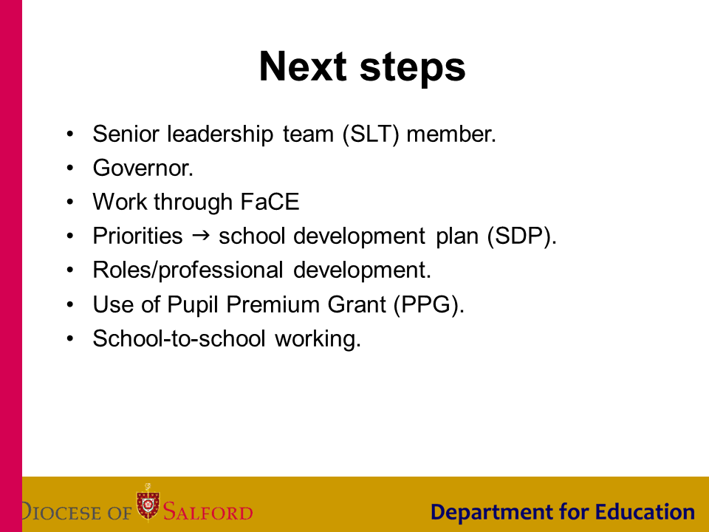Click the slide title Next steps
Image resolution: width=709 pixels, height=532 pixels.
coord(362,67)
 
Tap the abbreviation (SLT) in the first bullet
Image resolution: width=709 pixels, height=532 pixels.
coord(371,134)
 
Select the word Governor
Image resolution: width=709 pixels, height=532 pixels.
coord(143,168)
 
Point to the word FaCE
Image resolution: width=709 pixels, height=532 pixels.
coord(270,202)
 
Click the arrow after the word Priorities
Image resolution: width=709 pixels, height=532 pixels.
coord(201,235)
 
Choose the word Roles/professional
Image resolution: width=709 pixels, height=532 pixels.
coord(188,270)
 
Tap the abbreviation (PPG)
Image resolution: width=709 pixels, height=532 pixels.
coord(428,304)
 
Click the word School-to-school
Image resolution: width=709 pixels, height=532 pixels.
coord(179,338)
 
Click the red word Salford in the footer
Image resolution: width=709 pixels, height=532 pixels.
coord(208,511)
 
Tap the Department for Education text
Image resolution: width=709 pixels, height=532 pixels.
coord(563,512)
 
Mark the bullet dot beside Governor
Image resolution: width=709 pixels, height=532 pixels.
coord(69,168)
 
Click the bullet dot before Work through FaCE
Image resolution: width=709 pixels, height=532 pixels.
coord(69,202)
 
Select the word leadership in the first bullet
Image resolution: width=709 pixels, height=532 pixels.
coord(220,134)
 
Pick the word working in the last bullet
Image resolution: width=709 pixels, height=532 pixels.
coord(318,339)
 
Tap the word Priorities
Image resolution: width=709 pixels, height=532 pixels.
coord(137,236)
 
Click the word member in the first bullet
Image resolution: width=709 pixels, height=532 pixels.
coord(451,134)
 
